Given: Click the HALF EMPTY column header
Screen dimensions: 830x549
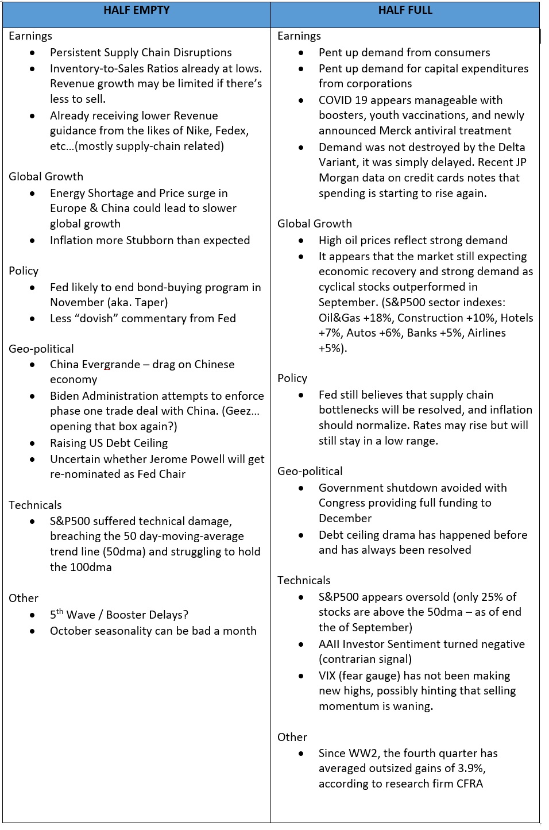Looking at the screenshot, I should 136,10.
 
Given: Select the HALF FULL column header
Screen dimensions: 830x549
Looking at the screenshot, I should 405,10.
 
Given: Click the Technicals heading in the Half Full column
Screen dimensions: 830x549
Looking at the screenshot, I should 304,581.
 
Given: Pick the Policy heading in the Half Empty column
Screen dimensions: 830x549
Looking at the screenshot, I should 24,271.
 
